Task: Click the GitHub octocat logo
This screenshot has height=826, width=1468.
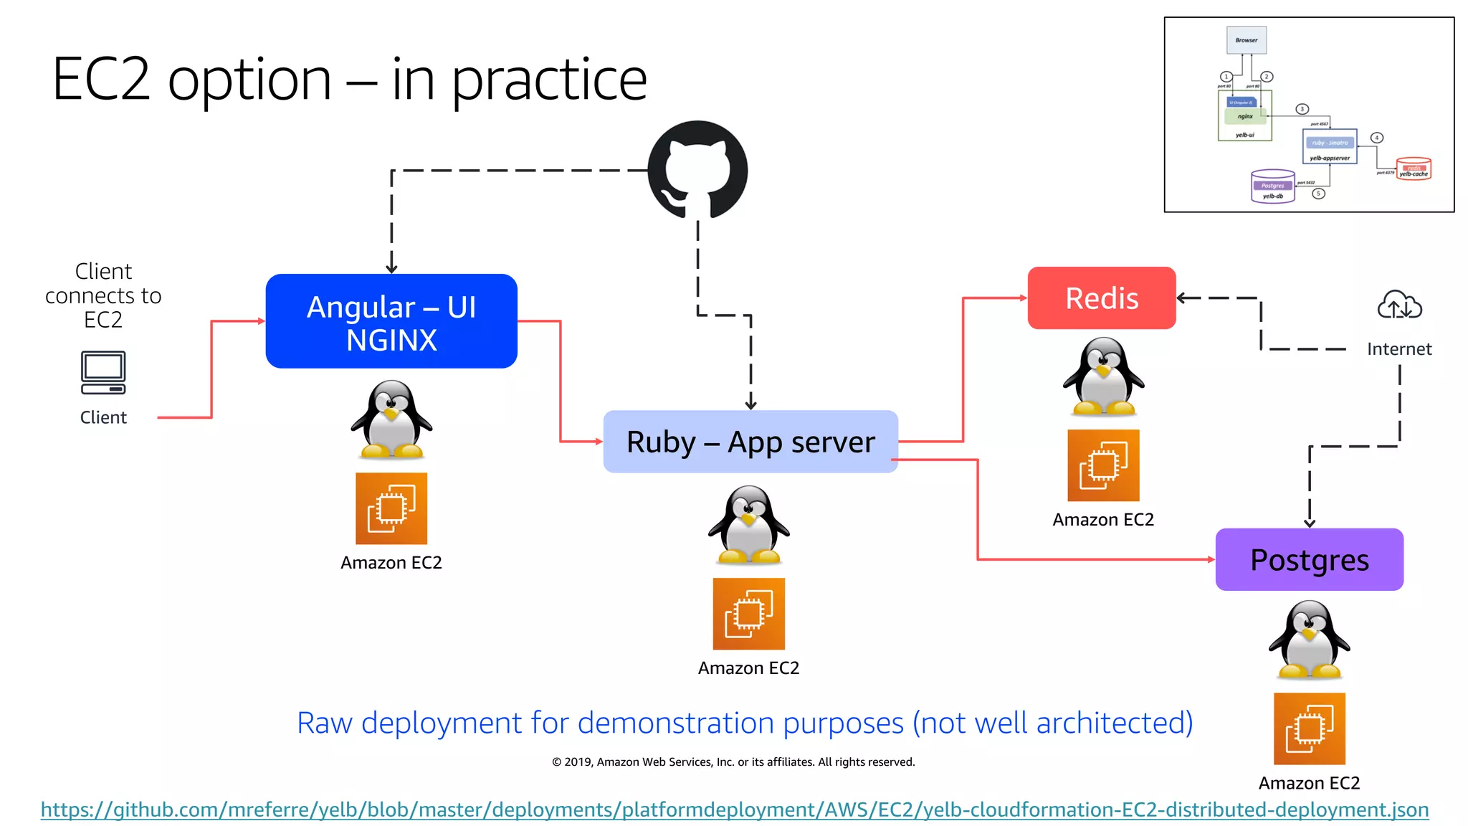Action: coord(697,170)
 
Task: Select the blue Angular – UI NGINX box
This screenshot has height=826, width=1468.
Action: coord(391,321)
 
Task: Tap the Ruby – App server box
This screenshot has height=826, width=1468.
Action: coord(750,442)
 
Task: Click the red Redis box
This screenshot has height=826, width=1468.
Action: coord(1102,298)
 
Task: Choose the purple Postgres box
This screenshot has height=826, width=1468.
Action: coord(1309,560)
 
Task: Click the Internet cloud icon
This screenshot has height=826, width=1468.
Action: coord(1399,305)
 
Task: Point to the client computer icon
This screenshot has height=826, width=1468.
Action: coord(103,372)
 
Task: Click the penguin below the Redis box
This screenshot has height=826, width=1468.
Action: coord(1103,377)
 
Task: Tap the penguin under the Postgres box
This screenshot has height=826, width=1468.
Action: coord(1309,640)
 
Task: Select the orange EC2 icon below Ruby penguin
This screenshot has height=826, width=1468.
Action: coord(748,614)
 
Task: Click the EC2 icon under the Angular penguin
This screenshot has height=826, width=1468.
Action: coord(391,508)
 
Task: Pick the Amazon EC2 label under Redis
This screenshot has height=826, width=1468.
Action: coord(1103,520)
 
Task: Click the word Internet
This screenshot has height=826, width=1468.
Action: coord(1399,349)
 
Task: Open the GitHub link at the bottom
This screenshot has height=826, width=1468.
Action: coord(734,810)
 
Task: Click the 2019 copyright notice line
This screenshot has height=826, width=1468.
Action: coord(733,762)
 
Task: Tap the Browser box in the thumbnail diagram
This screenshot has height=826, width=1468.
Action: coord(1247,40)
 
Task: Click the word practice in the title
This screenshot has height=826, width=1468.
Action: coord(548,80)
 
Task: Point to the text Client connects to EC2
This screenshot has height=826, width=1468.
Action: coord(103,295)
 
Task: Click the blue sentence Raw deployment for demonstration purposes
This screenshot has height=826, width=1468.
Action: coord(745,723)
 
